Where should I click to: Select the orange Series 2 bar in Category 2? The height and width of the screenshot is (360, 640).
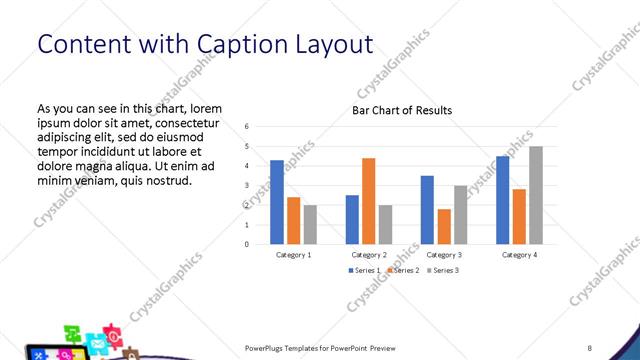click(x=368, y=201)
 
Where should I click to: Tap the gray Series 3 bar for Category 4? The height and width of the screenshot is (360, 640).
click(x=535, y=195)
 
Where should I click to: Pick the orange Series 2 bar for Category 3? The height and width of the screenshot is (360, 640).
click(x=443, y=226)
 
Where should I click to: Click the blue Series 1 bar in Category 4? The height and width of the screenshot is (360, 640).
click(x=502, y=200)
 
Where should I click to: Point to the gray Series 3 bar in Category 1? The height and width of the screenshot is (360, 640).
click(x=310, y=224)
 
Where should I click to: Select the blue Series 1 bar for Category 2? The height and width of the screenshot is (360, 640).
click(x=352, y=219)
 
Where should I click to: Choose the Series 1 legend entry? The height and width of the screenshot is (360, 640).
click(x=363, y=271)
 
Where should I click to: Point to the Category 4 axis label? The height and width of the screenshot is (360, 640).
click(x=518, y=255)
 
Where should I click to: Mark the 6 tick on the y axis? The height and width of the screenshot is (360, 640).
click(x=247, y=126)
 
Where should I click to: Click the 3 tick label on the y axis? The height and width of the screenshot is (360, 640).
click(x=247, y=185)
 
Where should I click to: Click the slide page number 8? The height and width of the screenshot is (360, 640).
click(x=590, y=347)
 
